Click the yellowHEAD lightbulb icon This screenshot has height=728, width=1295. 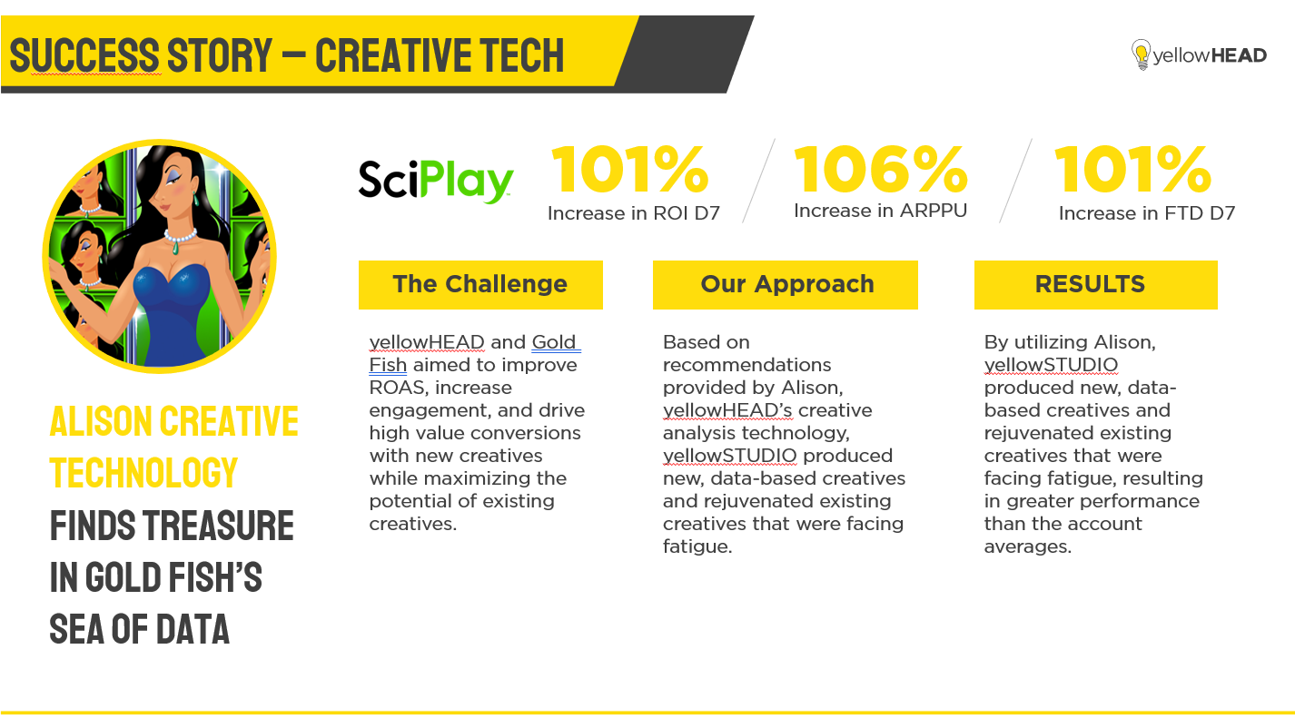(1141, 54)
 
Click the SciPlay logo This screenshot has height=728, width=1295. (436, 182)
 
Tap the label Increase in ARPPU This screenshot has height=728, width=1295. (881, 211)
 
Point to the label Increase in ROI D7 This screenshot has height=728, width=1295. (634, 213)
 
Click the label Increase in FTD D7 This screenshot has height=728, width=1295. (1147, 213)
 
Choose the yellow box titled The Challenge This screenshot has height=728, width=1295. (480, 285)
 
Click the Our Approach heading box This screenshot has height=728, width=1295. (786, 285)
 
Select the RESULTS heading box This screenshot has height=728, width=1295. (1095, 285)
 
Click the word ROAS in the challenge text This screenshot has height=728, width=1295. (397, 388)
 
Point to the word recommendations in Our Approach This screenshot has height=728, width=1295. (746, 365)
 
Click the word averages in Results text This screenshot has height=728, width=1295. (1028, 546)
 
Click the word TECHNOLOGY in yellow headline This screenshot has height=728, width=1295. (144, 473)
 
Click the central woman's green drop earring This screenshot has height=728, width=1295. (195, 200)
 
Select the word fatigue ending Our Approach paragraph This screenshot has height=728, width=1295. (697, 546)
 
